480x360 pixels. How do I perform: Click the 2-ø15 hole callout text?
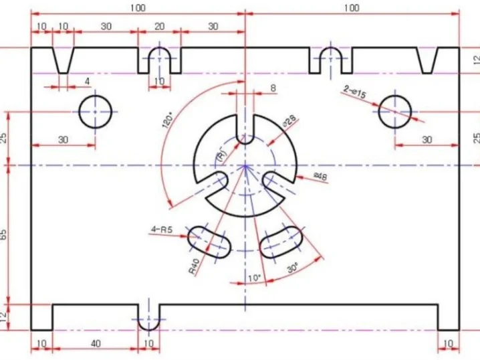(x=354, y=92)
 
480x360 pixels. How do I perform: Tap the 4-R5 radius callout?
(x=162, y=229)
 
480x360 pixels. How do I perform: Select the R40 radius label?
(x=194, y=266)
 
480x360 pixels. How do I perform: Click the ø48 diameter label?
(x=320, y=177)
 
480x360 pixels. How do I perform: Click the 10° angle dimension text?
(x=254, y=278)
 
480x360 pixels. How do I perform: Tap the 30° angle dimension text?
(x=293, y=268)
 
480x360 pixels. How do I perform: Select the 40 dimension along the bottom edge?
(x=96, y=344)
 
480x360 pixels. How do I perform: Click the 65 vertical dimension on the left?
(x=3, y=235)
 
